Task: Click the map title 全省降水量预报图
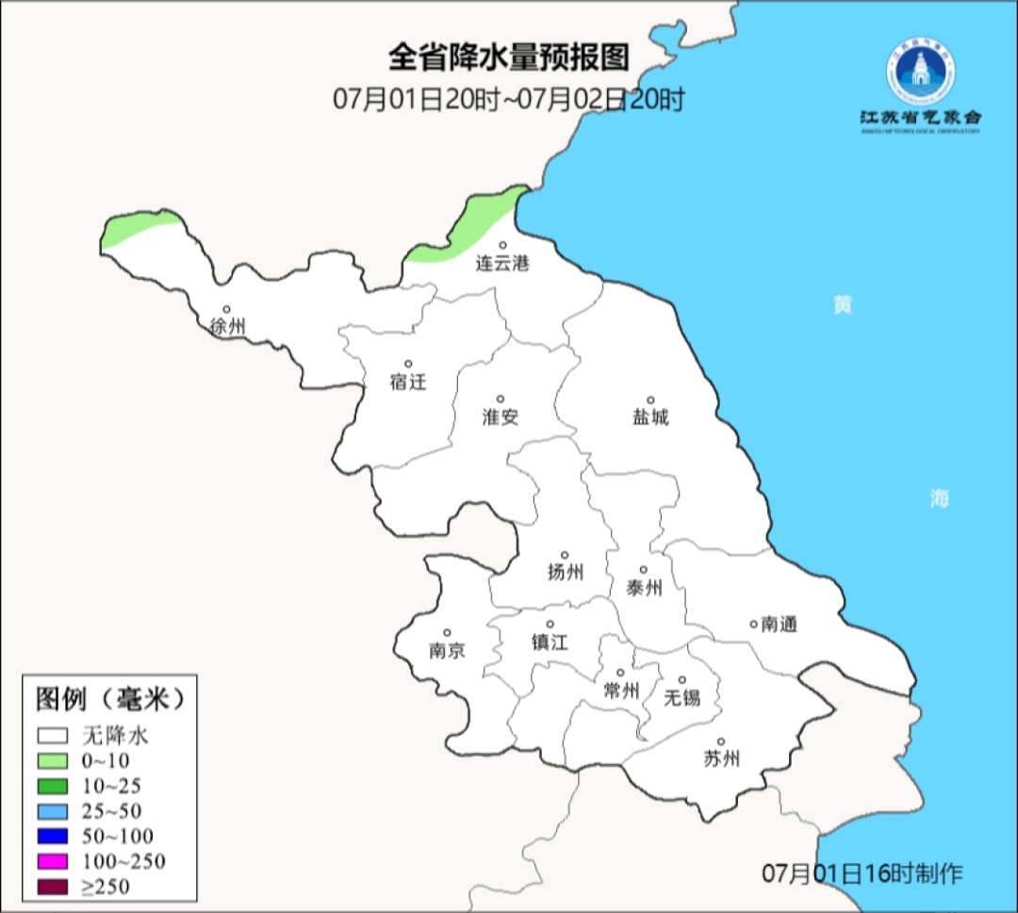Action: pyautogui.click(x=508, y=58)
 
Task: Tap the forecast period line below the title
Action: pyautogui.click(x=508, y=99)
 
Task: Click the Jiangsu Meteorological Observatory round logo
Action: pyautogui.click(x=920, y=73)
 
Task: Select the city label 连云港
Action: pyautogui.click(x=501, y=264)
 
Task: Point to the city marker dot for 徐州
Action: pyautogui.click(x=226, y=309)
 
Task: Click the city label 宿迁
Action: pyautogui.click(x=407, y=382)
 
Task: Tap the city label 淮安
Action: pyautogui.click(x=501, y=416)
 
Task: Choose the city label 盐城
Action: pyautogui.click(x=649, y=416)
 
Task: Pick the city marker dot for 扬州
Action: pyautogui.click(x=565, y=555)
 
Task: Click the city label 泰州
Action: pyautogui.click(x=644, y=588)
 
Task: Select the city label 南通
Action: pyautogui.click(x=779, y=624)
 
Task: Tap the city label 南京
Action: pyautogui.click(x=447, y=650)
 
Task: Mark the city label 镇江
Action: pyautogui.click(x=550, y=642)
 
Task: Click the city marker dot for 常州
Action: pyautogui.click(x=620, y=673)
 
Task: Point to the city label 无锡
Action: pyautogui.click(x=681, y=697)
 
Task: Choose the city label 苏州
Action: pyautogui.click(x=721, y=758)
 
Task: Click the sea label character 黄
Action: pyautogui.click(x=842, y=305)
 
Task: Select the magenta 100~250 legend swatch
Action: pyautogui.click(x=53, y=860)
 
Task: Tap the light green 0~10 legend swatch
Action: pyautogui.click(x=53, y=760)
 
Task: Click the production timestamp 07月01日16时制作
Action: pyautogui.click(x=862, y=873)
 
